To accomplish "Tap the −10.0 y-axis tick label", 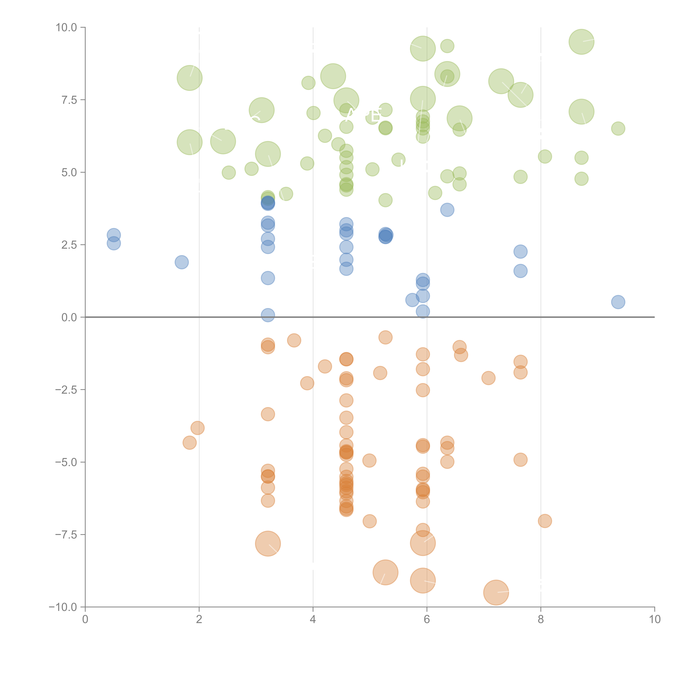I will point(63,607).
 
